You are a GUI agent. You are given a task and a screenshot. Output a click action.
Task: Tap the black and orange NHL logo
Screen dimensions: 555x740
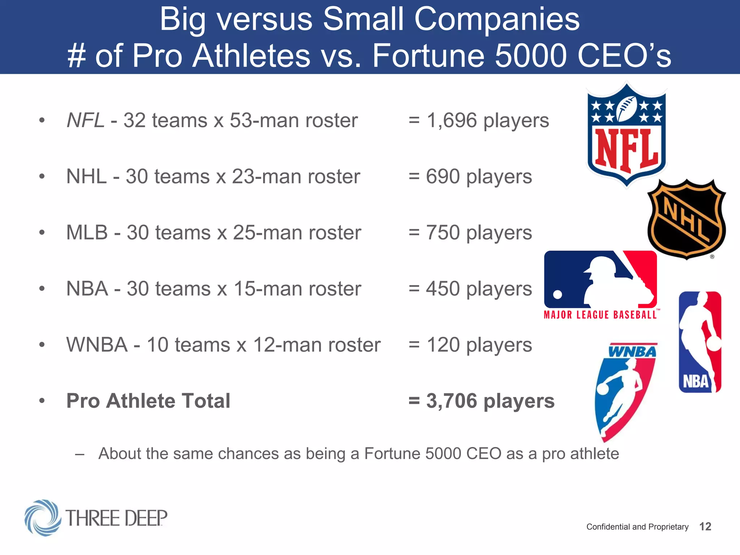686,219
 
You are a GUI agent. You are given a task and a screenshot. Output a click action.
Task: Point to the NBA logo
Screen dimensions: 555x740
700,342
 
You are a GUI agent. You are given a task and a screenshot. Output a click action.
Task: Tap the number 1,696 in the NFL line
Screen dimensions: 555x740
452,120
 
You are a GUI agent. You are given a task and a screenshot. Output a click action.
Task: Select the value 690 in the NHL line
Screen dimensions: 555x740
443,177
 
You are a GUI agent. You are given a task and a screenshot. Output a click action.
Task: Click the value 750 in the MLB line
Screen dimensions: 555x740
443,233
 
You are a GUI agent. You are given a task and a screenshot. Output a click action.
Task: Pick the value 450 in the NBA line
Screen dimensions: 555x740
443,289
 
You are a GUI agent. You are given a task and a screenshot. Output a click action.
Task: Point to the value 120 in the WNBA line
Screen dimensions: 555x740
443,345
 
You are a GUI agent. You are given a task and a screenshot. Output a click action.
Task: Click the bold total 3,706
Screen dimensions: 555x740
452,401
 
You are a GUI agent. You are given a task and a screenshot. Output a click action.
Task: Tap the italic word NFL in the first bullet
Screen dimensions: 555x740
86,120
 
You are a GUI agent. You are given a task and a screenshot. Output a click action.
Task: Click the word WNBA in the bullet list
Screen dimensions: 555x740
97,345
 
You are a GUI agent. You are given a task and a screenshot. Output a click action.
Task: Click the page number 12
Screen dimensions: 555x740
705,526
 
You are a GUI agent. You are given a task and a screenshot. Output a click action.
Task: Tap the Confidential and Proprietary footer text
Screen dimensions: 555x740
637,527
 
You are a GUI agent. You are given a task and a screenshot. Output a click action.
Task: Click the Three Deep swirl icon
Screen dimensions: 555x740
43,518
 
